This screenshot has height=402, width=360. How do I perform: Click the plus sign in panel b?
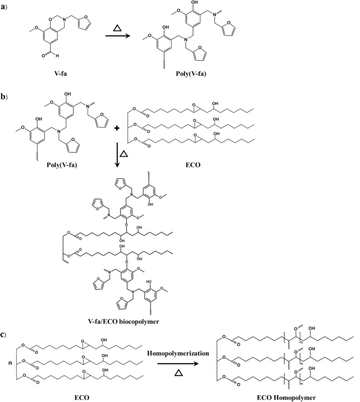coord(117,130)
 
